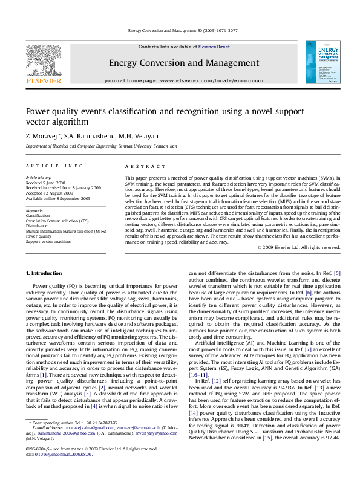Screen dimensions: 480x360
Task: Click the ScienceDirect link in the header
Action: [x=214, y=47]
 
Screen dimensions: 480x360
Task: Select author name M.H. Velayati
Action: [x=126, y=137]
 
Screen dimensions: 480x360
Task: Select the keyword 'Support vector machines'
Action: [x=48, y=241]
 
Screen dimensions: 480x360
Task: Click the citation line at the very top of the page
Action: [x=180, y=30]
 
